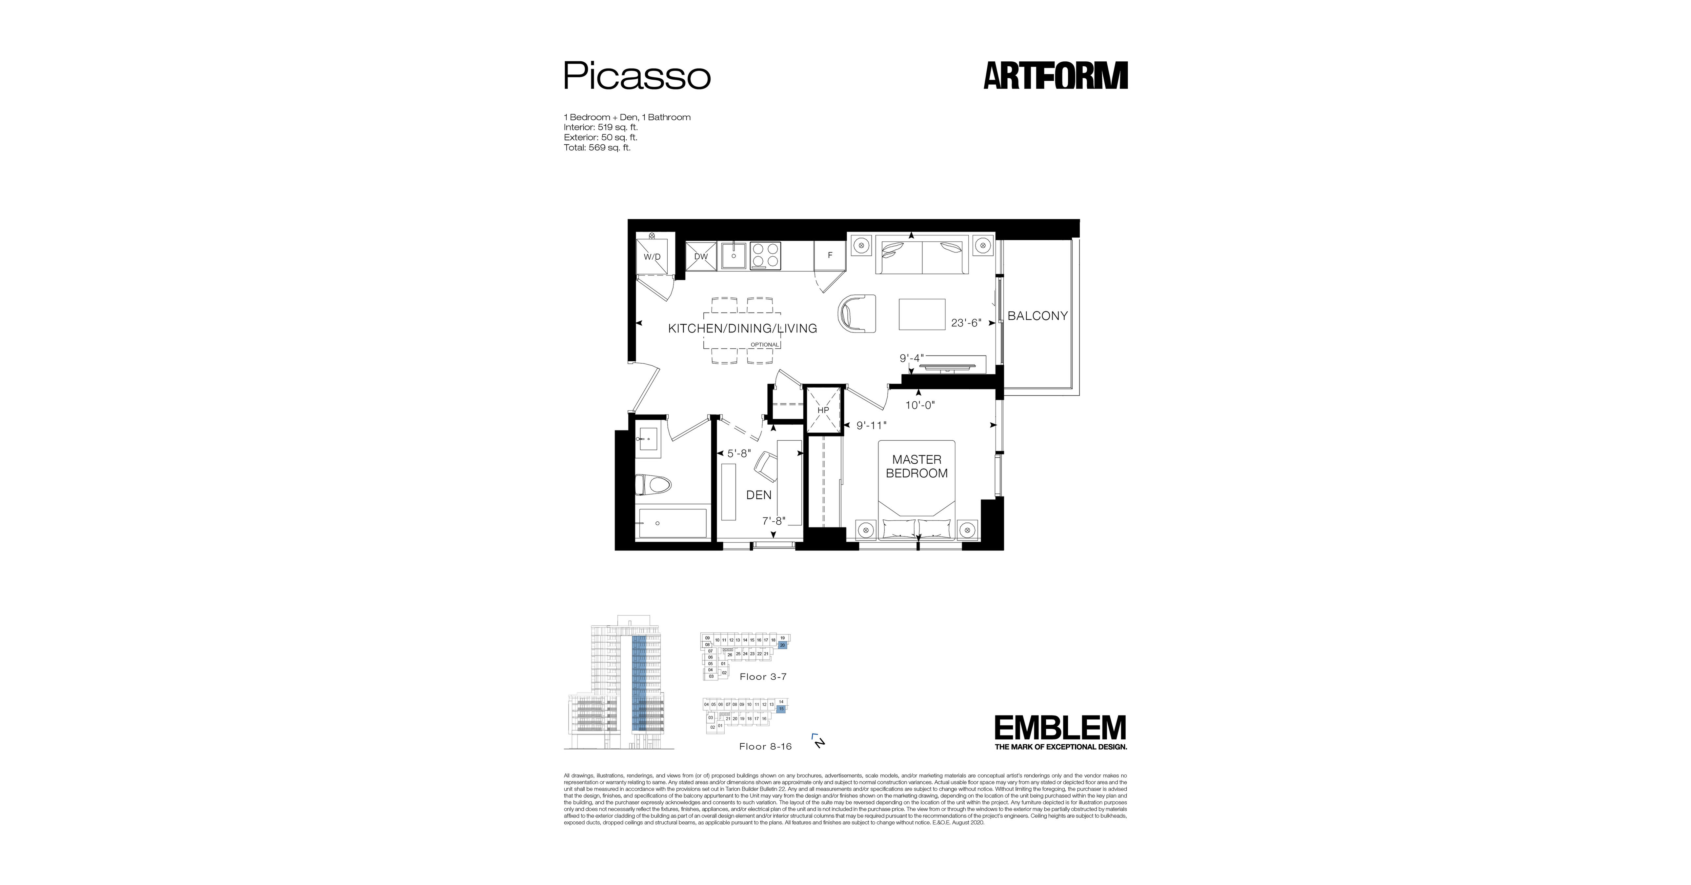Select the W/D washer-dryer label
click(x=652, y=257)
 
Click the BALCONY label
click(x=1037, y=316)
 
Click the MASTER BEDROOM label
click(x=916, y=466)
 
